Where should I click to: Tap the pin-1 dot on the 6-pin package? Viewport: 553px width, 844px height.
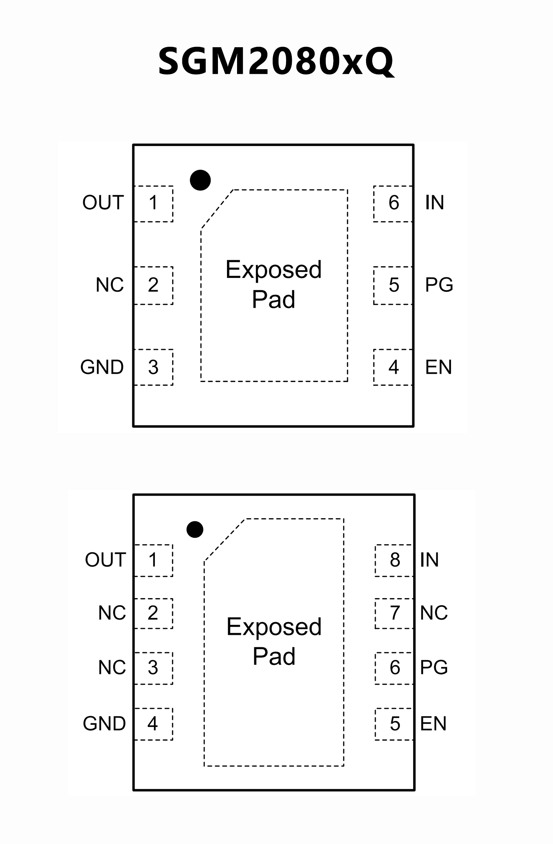pyautogui.click(x=200, y=180)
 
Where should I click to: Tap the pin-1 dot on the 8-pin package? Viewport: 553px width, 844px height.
pyautogui.click(x=195, y=529)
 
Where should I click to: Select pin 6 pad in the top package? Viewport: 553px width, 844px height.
pyautogui.click(x=393, y=204)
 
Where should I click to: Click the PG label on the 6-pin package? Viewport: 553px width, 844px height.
pyautogui.click(x=439, y=285)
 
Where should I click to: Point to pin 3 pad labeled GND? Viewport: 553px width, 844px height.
pyautogui.click(x=153, y=367)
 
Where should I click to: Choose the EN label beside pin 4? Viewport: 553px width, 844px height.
pyautogui.click(x=438, y=367)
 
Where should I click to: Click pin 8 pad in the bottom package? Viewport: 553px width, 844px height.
pyautogui.click(x=394, y=560)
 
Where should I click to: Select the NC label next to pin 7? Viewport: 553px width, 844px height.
pyautogui.click(x=434, y=613)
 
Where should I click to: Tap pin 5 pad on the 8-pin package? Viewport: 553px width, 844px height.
pyautogui.click(x=394, y=724)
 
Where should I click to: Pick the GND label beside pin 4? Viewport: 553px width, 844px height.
pyautogui.click(x=104, y=724)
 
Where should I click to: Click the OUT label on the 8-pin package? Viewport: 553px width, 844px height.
pyautogui.click(x=105, y=560)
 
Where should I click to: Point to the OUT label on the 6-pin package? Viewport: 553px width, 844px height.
pyautogui.click(x=103, y=203)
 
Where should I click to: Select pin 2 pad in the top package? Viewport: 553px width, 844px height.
pyautogui.click(x=153, y=285)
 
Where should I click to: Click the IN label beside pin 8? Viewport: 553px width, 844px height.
pyautogui.click(x=429, y=560)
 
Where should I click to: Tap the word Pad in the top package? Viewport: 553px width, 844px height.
pyautogui.click(x=273, y=299)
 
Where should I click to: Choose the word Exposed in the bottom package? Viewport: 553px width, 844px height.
pyautogui.click(x=274, y=627)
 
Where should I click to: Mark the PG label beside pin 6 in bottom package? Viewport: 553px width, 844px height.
pyautogui.click(x=434, y=667)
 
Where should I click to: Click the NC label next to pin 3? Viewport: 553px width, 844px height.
pyautogui.click(x=112, y=667)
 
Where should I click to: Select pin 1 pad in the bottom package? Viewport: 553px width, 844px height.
pyautogui.click(x=153, y=560)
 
